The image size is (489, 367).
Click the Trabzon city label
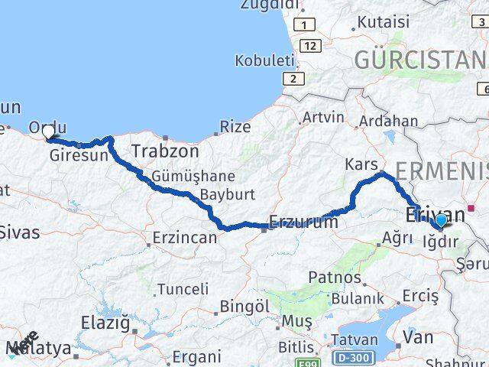164,151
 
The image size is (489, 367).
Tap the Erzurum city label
303,222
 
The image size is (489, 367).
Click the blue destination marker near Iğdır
440,222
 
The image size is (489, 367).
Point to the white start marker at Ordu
49,133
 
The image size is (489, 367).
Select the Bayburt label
227,195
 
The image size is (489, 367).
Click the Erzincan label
184,238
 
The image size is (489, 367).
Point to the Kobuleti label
264,60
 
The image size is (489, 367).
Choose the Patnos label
334,277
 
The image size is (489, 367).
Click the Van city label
418,336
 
